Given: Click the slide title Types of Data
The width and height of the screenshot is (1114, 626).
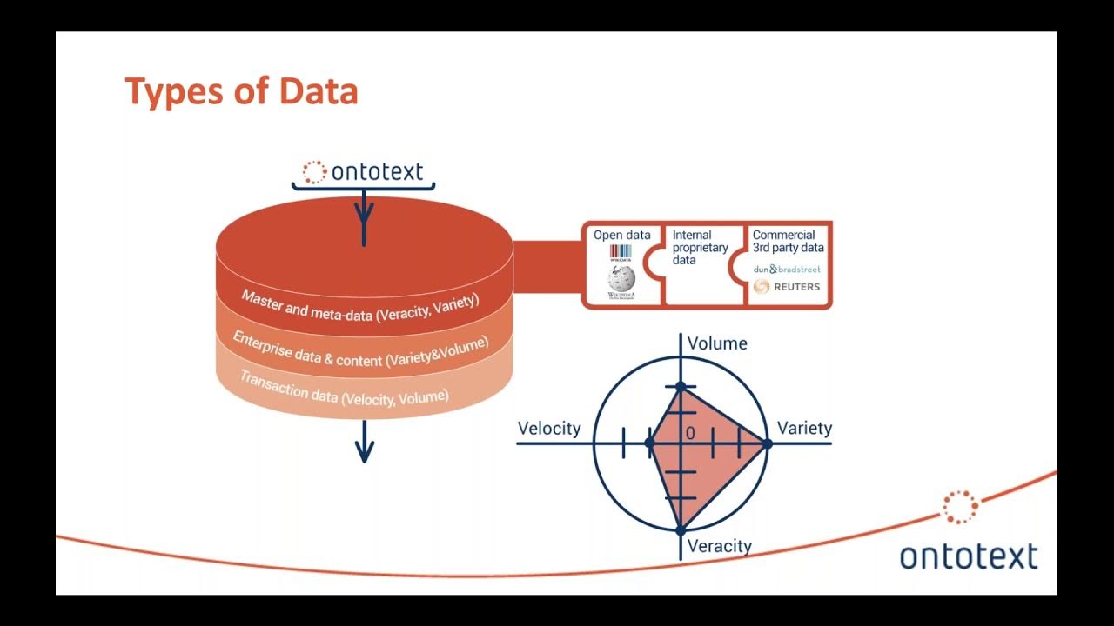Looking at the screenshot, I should point(241,91).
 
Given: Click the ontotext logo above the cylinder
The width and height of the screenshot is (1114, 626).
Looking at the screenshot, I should point(363,171).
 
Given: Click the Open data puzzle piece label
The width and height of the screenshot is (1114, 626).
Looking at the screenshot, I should point(621,235).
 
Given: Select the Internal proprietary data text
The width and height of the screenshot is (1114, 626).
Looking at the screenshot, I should point(700,247).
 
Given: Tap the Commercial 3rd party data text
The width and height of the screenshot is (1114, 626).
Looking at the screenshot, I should point(788,241).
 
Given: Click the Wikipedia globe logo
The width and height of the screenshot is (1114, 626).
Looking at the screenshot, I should point(621,281).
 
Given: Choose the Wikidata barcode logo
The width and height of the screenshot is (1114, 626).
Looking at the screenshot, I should point(621,253).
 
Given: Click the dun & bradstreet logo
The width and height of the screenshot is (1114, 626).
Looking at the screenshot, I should point(787,269).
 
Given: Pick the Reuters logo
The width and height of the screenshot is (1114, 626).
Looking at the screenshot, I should point(787,287).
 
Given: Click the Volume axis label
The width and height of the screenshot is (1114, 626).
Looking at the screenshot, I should point(717,343).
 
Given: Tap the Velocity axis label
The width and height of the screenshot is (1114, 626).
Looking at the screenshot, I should point(548,428).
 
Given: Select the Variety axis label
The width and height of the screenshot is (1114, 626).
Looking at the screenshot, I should point(804,428).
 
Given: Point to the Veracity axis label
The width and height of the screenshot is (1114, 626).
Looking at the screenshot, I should point(719,546).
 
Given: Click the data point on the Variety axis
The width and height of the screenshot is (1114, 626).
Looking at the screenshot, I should point(767,443).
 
